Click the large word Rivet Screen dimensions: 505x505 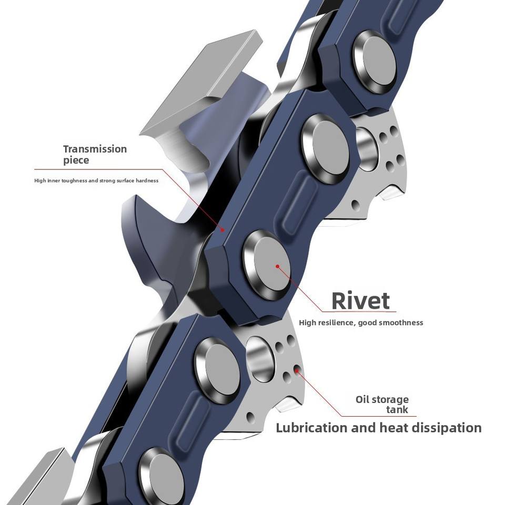[x=361, y=300]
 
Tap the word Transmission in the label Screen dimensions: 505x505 [x=95, y=149]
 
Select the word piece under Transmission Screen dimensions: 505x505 [x=76, y=160]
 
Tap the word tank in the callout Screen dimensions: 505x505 [x=397, y=410]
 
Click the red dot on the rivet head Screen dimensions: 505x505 [x=277, y=266]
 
